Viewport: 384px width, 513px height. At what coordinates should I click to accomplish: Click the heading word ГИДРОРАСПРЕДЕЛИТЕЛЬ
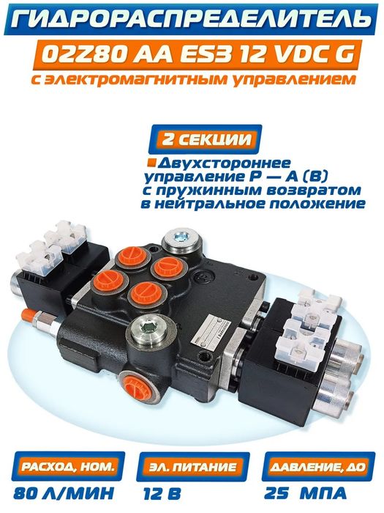click(192, 19)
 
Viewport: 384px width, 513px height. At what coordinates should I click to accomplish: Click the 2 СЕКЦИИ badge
click(205, 139)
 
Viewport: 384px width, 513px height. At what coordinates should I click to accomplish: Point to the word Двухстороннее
click(225, 163)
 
